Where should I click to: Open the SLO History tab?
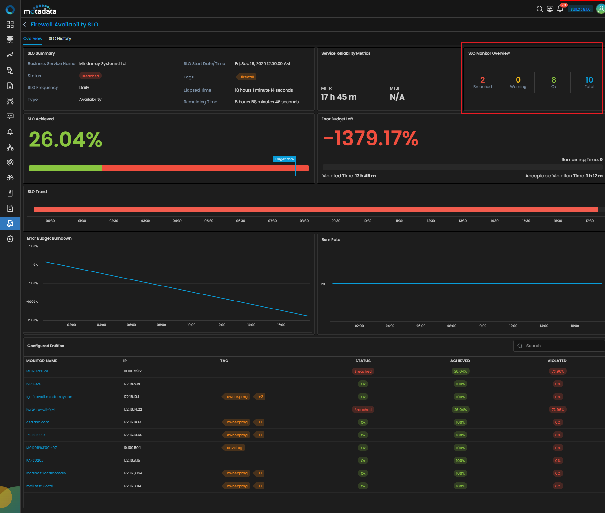[60, 38]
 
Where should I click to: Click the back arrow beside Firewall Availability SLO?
[25, 25]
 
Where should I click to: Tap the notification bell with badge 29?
[560, 9]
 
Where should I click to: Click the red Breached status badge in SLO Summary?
[90, 76]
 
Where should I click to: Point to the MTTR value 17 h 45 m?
[339, 97]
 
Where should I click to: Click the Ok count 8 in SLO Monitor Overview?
[554, 80]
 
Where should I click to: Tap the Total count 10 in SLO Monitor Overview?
[589, 80]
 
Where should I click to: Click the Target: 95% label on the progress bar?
[284, 159]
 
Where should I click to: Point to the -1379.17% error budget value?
[371, 138]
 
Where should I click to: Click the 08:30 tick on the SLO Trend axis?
[304, 221]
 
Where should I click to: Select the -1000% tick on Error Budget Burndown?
[32, 301]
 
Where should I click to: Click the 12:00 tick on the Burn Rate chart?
[513, 326]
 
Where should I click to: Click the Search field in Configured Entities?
[559, 346]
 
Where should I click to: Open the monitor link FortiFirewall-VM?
[40, 409]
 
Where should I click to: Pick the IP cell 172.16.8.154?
[133, 473]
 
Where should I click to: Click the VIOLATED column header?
[557, 361]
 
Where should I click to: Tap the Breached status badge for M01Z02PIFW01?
[363, 371]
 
